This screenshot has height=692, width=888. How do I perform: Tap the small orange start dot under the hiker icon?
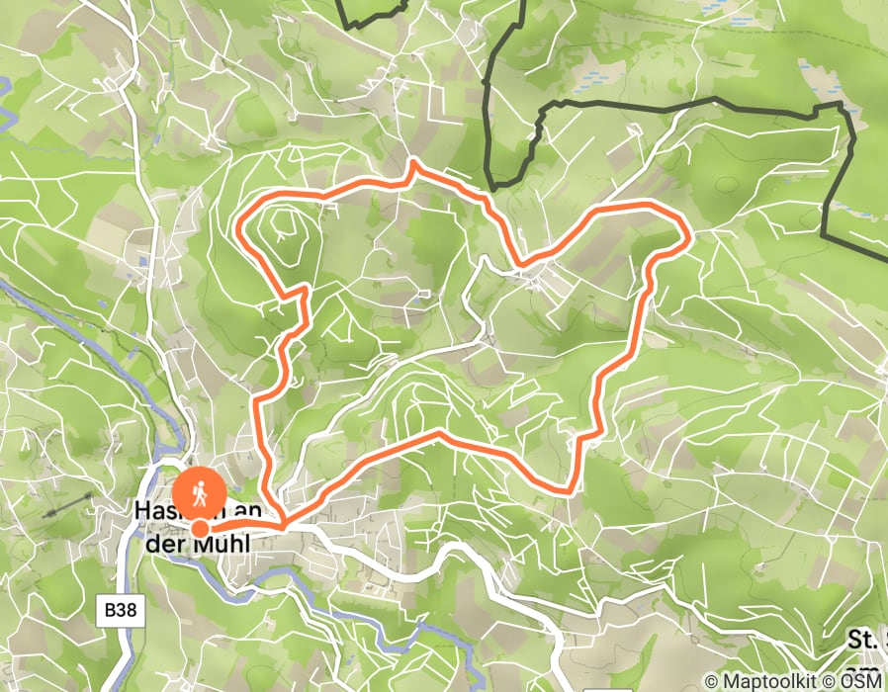coord(200,529)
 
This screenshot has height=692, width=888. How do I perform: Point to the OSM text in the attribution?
coord(864,681)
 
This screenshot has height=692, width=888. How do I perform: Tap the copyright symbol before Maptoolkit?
coord(712,681)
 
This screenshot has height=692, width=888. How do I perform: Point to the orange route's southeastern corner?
coord(572,487)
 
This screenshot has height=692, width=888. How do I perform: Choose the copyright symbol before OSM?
coord(844,681)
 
